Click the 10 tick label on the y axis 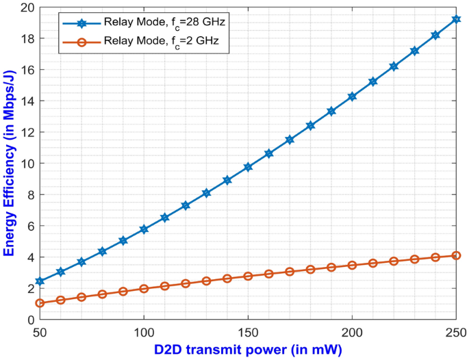click(25, 164)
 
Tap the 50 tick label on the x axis click(40, 331)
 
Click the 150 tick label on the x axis click(248, 331)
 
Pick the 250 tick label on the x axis click(456, 331)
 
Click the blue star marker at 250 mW click(456, 19)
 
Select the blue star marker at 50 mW click(40, 281)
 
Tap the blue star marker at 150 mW click(248, 167)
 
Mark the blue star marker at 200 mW click(352, 97)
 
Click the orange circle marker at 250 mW click(456, 255)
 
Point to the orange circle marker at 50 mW click(40, 303)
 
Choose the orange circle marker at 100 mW click(144, 289)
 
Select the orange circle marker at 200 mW click(352, 265)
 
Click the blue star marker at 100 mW click(144, 229)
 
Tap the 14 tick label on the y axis click(25, 101)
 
